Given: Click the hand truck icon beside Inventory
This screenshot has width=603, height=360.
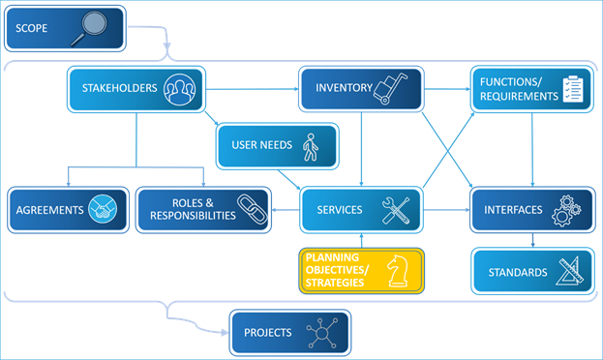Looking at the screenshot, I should [x=392, y=88].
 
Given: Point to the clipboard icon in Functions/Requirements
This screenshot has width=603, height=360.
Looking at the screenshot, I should [x=575, y=89].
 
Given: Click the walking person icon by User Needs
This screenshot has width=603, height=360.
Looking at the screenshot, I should [x=310, y=146].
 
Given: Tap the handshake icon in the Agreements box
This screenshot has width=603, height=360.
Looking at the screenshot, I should [x=103, y=210].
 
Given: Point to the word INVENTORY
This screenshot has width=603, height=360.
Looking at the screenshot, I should [x=344, y=88].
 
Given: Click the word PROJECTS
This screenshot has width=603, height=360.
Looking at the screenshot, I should [x=267, y=333].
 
